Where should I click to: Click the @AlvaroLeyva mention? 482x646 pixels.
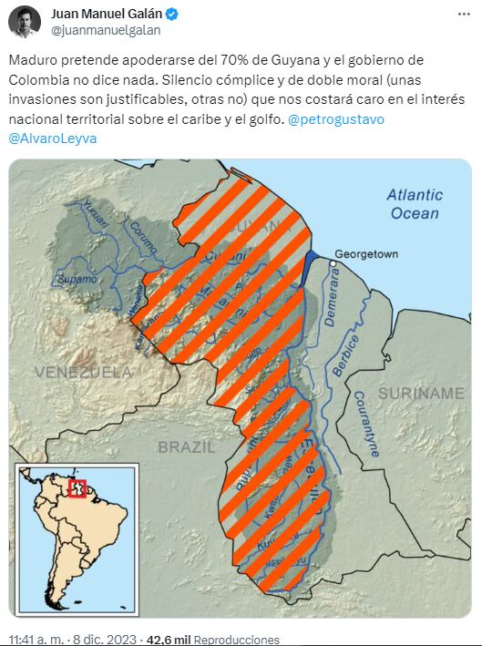(52, 138)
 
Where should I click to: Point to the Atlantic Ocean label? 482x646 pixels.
(414, 203)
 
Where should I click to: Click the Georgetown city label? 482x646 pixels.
(366, 253)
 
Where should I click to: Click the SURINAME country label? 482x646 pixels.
(421, 393)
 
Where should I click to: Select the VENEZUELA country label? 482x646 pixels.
(83, 372)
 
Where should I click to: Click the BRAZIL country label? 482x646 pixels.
(186, 446)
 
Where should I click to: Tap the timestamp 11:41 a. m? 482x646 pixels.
(39, 640)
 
